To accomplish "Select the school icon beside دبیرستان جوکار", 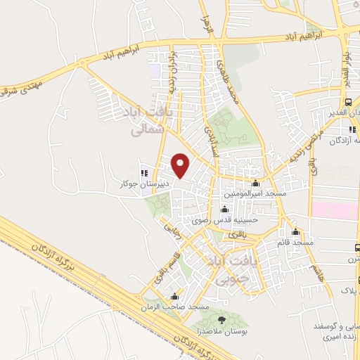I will pos(143,173).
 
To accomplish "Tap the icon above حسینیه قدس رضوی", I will pos(225,209).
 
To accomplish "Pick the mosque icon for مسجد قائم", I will pos(295,231).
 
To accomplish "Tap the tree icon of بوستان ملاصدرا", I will pos(222,321).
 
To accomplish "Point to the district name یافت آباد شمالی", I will pos(153,120).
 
